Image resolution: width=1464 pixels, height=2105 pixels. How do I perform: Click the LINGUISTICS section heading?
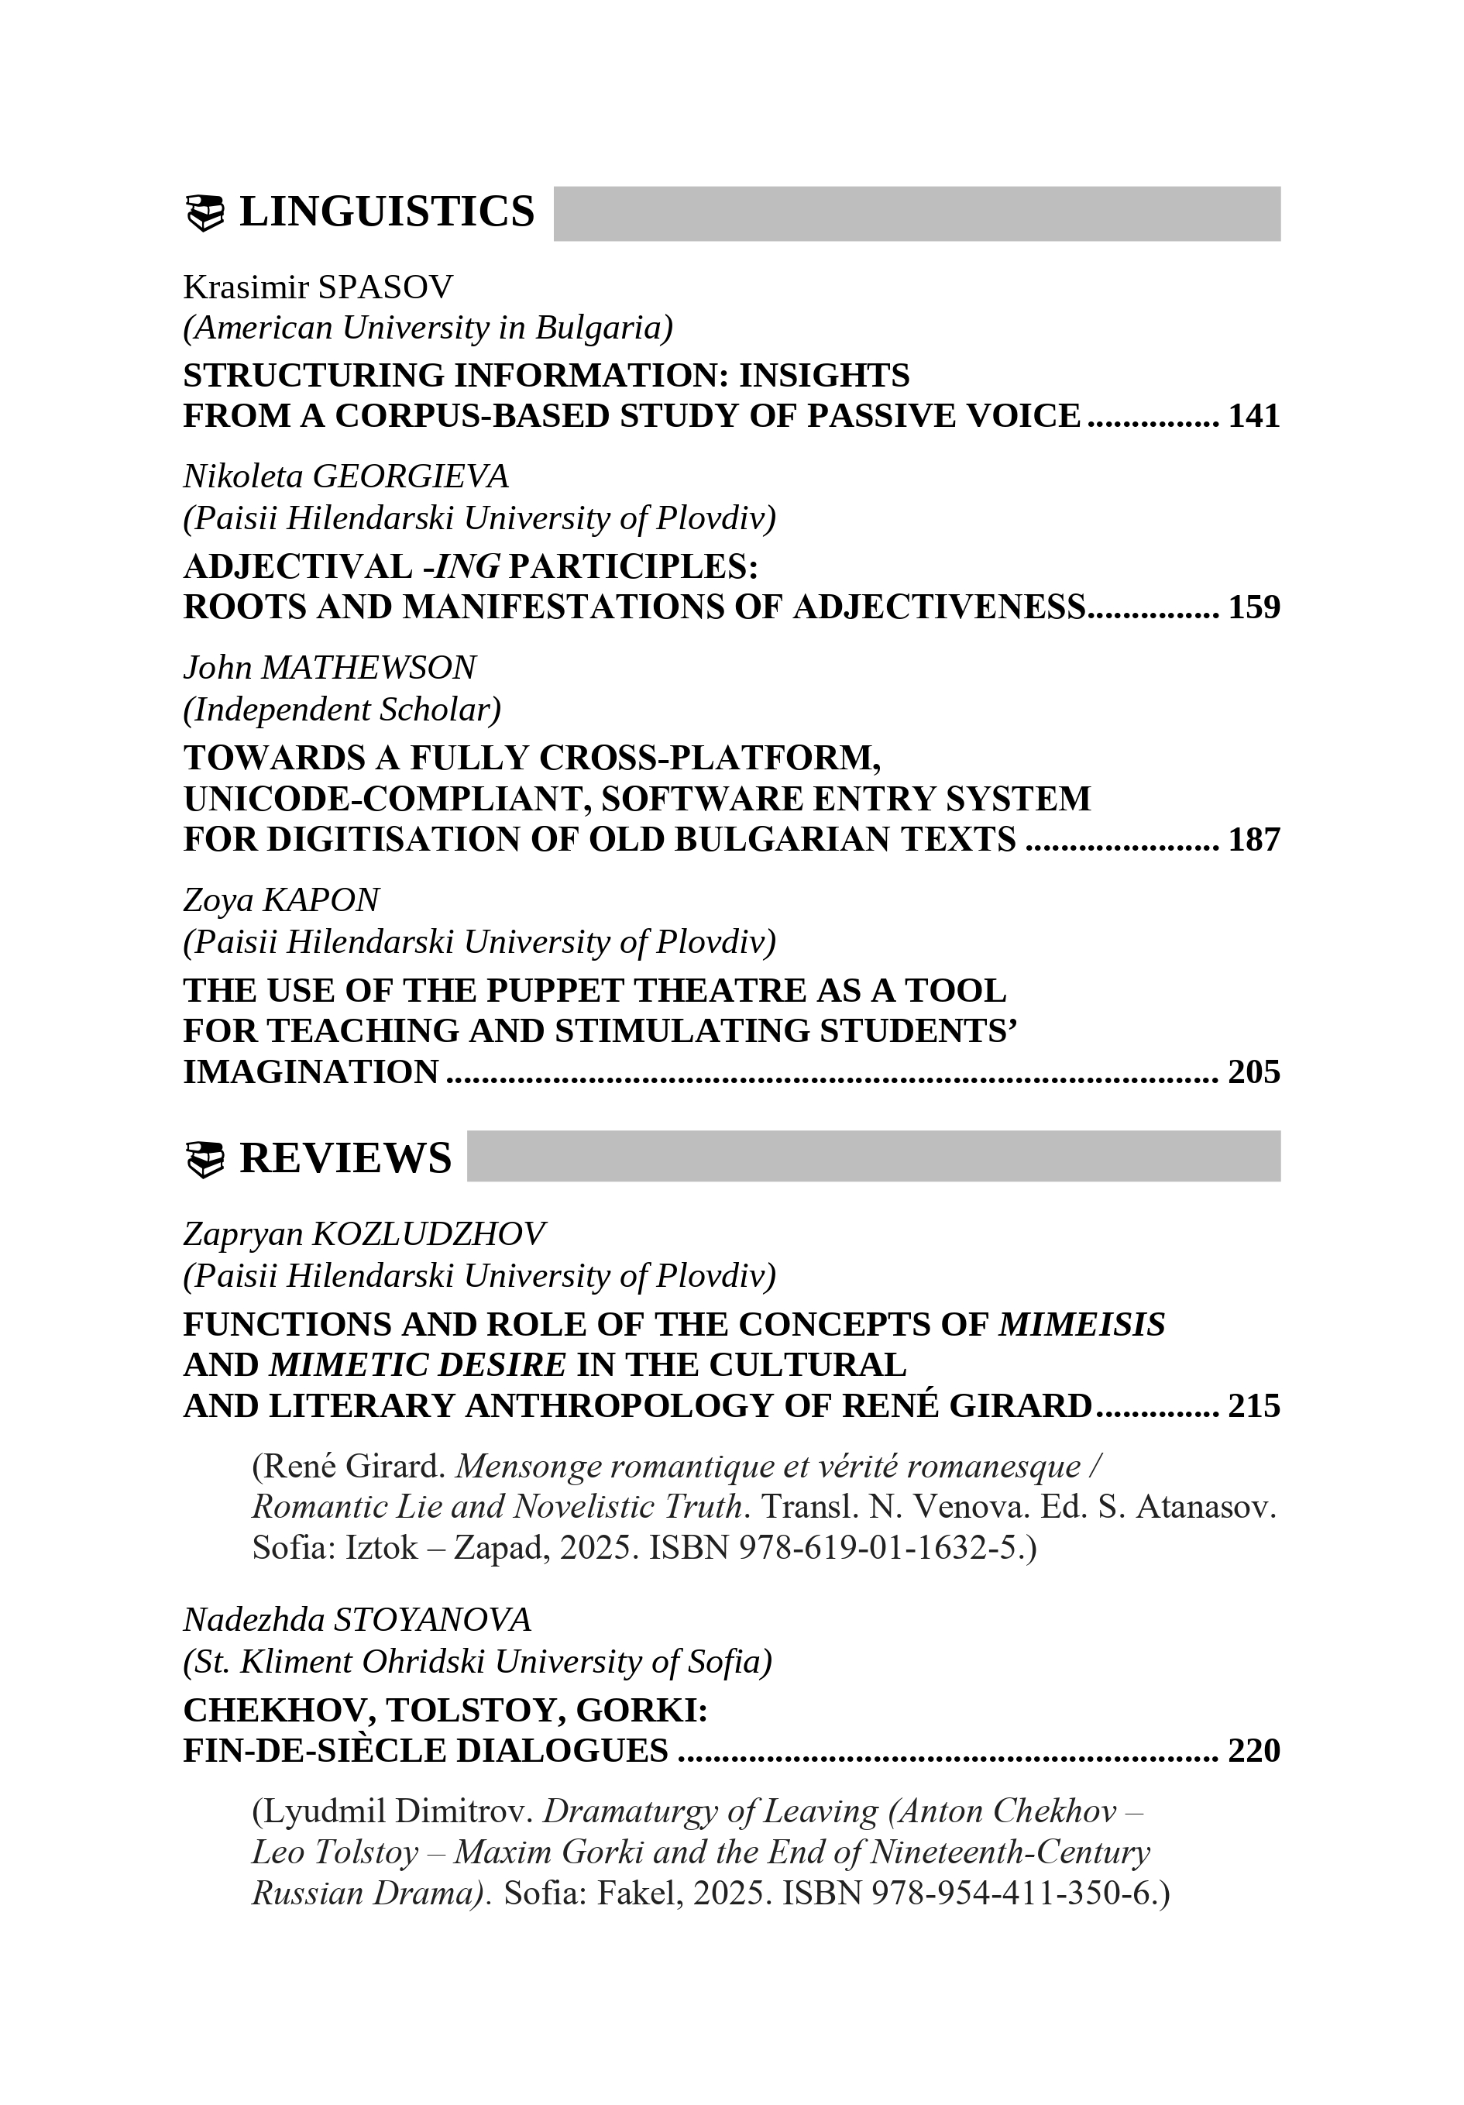pyautogui.click(x=386, y=212)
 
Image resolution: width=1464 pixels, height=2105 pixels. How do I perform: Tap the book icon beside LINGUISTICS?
pyautogui.click(x=204, y=214)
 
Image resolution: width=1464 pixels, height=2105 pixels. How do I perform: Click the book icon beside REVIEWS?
pyautogui.click(x=204, y=1161)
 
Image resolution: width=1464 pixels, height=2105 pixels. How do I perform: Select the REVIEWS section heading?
pyautogui.click(x=345, y=1159)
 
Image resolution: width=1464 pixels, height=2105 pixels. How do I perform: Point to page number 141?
pyautogui.click(x=1253, y=416)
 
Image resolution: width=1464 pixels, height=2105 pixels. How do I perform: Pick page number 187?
pyautogui.click(x=1253, y=840)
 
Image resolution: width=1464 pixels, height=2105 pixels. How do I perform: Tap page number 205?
pyautogui.click(x=1253, y=1071)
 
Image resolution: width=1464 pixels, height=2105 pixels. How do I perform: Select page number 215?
pyautogui.click(x=1253, y=1405)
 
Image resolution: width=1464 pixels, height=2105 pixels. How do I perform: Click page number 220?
pyautogui.click(x=1253, y=1751)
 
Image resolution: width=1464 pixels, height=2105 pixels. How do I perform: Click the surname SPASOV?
pyautogui.click(x=385, y=288)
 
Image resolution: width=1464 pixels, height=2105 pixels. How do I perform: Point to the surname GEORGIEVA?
pyautogui.click(x=410, y=476)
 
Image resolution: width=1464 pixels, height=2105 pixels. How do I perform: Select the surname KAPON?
pyautogui.click(x=320, y=900)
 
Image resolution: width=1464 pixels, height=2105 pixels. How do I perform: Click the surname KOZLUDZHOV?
pyautogui.click(x=428, y=1234)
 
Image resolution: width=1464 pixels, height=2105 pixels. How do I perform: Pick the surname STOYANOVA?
pyautogui.click(x=431, y=1620)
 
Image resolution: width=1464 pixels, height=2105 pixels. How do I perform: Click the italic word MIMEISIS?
pyautogui.click(x=1081, y=1325)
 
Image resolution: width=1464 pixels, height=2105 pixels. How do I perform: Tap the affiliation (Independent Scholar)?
pyautogui.click(x=342, y=710)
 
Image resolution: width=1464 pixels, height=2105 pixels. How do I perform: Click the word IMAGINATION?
pyautogui.click(x=311, y=1071)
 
